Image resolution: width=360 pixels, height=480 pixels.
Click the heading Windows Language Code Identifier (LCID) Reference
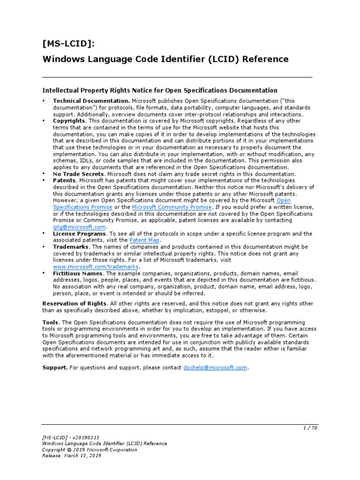pos(165,59)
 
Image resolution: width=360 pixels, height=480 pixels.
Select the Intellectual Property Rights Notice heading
pos(160,90)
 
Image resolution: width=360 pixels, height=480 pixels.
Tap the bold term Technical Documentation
pos(91,101)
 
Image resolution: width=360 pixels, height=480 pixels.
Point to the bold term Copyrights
pos(69,121)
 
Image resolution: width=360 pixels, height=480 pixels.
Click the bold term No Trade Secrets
pos(78,174)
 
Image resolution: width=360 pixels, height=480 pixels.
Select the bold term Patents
pos(65,180)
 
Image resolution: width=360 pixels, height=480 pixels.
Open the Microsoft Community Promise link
pos(172,207)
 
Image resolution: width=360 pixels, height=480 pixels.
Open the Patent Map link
pos(144,240)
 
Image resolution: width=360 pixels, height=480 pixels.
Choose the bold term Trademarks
pos(71,247)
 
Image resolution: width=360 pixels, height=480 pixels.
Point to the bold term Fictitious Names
pos(78,273)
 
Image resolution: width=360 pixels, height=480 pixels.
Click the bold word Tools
pos(51,322)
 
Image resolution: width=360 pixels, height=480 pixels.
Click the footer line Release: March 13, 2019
pos(71,455)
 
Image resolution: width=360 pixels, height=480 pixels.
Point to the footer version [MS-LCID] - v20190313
pos(70,437)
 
